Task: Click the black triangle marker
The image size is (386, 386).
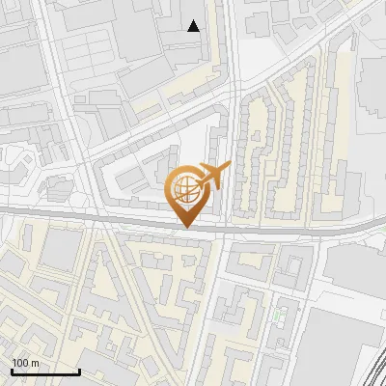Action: (194, 26)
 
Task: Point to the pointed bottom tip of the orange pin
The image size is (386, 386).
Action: (184, 227)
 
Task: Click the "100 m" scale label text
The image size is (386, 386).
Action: (26, 363)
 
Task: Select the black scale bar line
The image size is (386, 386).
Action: (45, 372)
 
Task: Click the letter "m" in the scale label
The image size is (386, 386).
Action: (37, 363)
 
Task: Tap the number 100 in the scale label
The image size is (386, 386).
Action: (21, 363)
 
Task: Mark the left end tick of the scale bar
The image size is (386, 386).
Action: (12, 371)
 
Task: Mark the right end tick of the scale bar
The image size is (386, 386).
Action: (79, 371)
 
